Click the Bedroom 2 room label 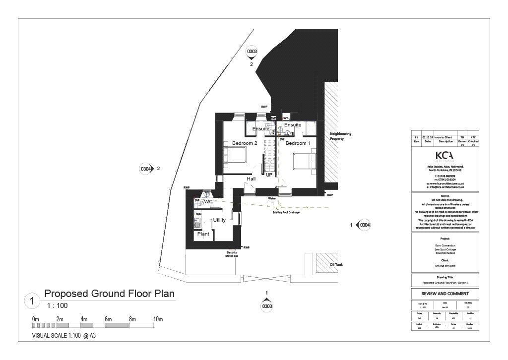pos(245,143)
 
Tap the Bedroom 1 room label pos(298,143)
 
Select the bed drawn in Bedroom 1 pos(304,161)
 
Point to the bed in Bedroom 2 pos(234,155)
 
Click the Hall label pos(252,179)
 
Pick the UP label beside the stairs pos(269,175)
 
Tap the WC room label pos(208,202)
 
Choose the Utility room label pos(219,220)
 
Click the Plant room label pos(203,234)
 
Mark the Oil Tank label pos(336,265)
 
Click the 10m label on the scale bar pos(158,319)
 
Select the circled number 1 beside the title pos(32,300)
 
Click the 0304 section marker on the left pos(146,169)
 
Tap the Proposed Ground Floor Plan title pos(109,294)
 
